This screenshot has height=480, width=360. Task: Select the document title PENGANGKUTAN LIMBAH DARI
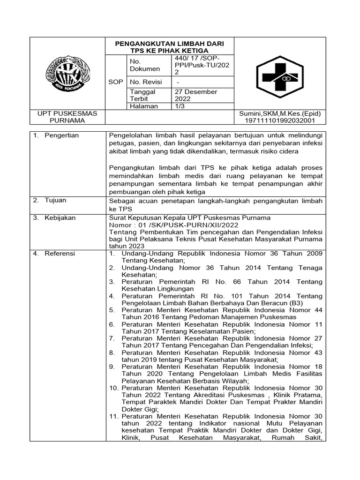tap(170, 44)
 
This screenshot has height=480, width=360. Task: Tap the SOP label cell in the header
tap(115, 82)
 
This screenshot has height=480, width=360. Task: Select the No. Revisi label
tap(146, 82)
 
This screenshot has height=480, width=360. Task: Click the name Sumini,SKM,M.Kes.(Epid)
tap(279, 114)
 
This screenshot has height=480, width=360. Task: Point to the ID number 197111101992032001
tap(279, 121)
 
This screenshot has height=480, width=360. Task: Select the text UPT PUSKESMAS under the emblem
tap(67, 114)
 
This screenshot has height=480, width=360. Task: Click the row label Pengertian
tap(62, 135)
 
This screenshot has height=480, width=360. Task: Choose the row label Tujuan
tap(55, 200)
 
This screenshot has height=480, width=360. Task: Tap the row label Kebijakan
tap(60, 218)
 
